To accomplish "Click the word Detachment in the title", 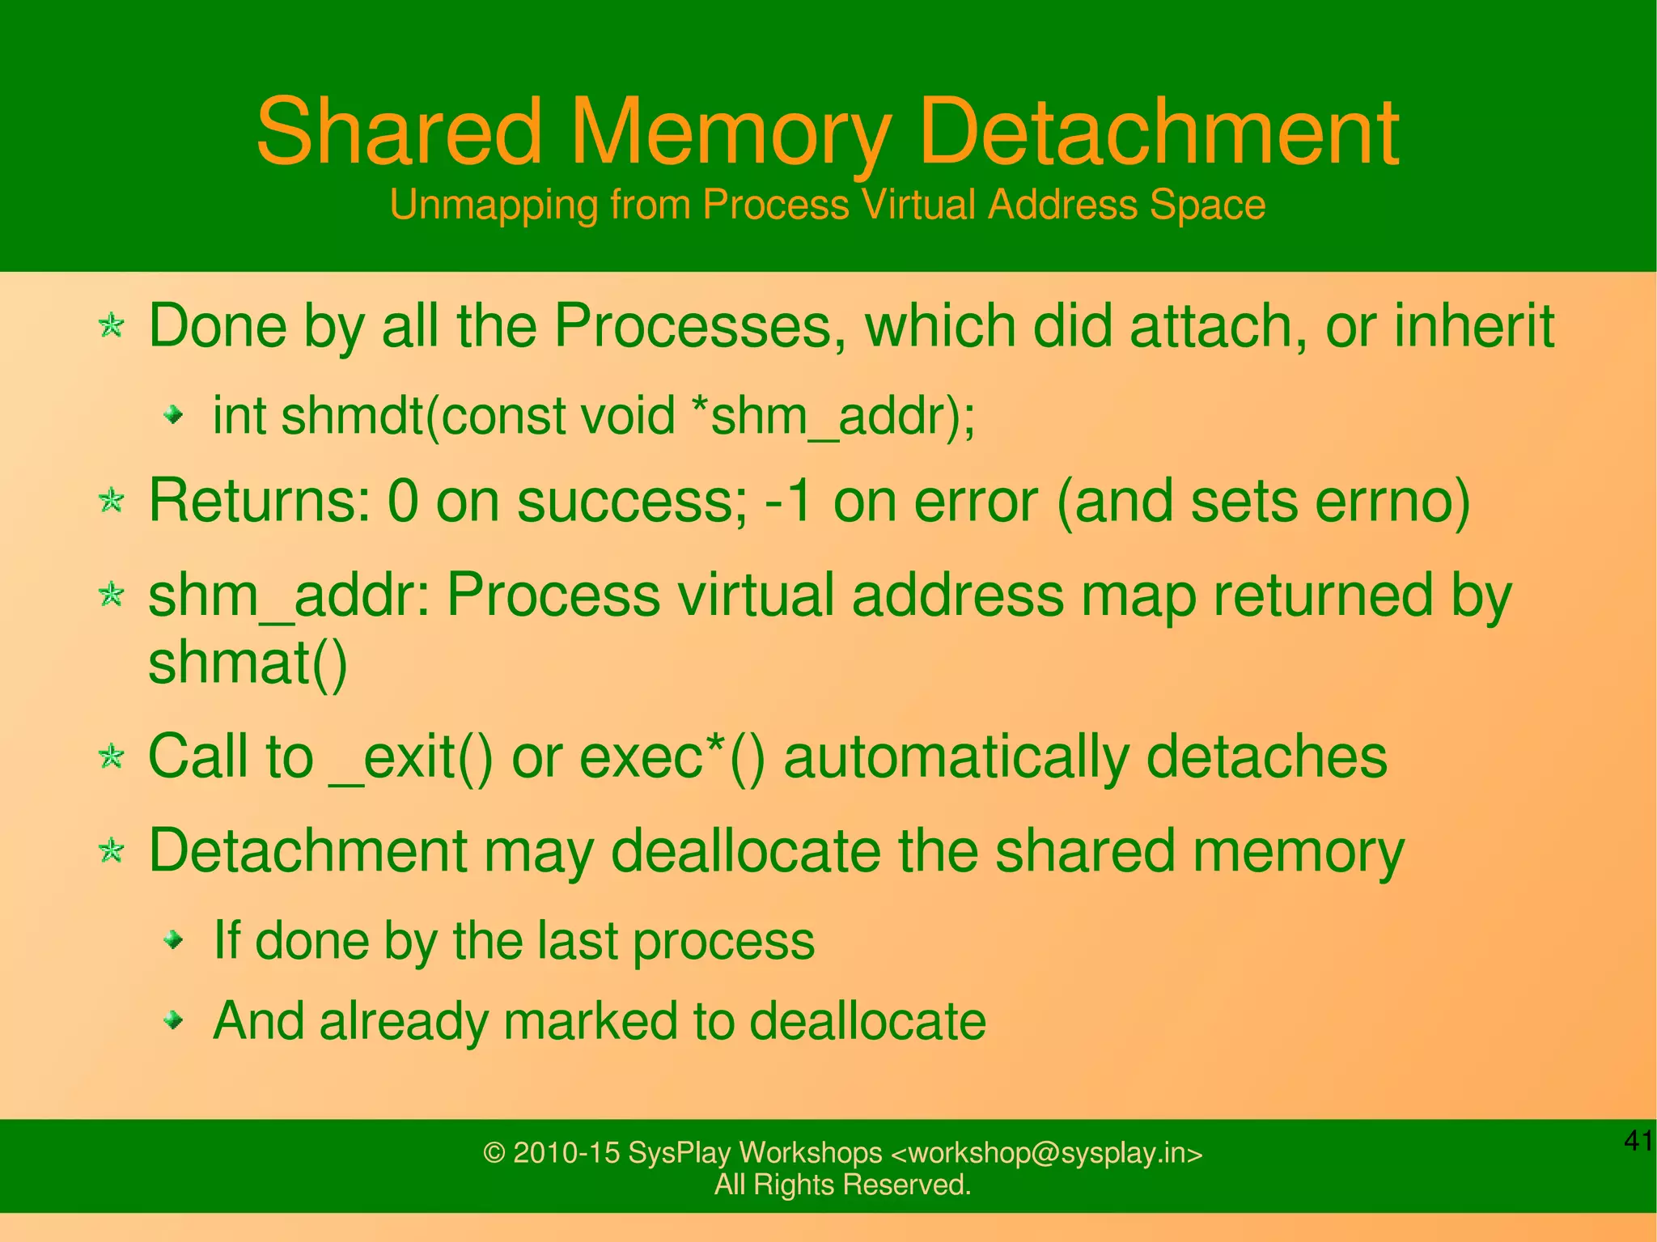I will tap(1159, 132).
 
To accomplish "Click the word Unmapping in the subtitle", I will tap(494, 205).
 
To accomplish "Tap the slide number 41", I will tap(1638, 1141).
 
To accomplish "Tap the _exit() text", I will tap(411, 757).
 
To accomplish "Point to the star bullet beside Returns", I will tap(111, 501).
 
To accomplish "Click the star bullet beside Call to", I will tap(111, 757).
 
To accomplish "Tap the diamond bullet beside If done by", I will tap(172, 940).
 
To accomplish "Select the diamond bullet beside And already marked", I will tap(172, 1020).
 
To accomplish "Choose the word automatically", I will tap(956, 757).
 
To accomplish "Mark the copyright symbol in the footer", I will tap(494, 1153).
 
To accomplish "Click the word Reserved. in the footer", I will tap(906, 1185).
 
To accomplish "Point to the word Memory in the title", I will tap(730, 132).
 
